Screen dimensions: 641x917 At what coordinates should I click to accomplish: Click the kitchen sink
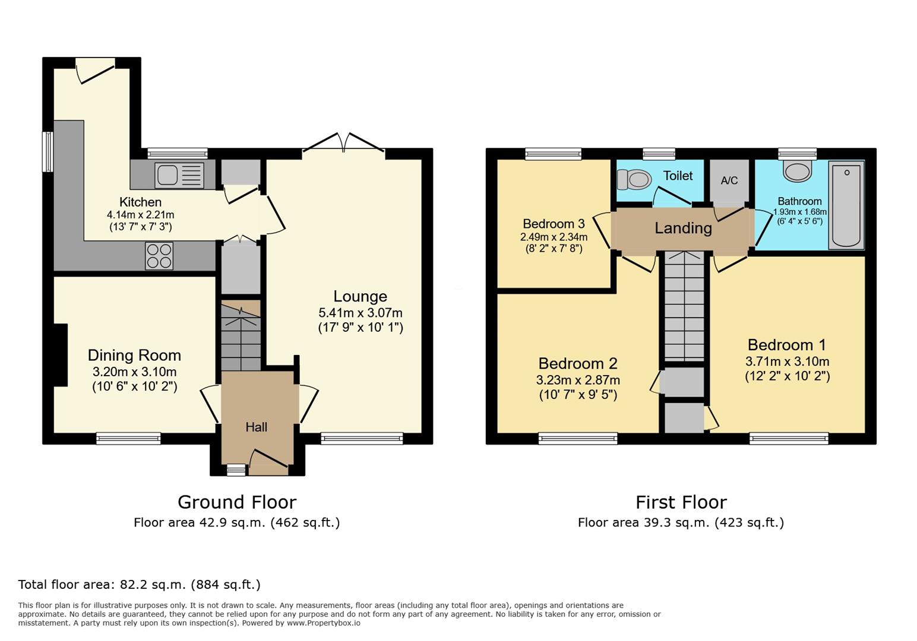pos(179,175)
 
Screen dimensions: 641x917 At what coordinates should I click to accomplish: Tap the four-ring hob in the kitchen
pos(159,256)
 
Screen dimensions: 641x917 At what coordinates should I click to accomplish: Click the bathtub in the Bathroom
pos(846,205)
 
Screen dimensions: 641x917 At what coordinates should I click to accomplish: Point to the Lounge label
pos(360,296)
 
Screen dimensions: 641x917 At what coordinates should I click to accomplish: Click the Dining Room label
pos(134,356)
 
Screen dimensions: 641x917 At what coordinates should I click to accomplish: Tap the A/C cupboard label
pos(729,180)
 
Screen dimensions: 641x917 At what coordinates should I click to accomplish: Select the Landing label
pos(683,228)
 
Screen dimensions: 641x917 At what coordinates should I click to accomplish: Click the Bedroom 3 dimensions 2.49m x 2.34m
pos(554,237)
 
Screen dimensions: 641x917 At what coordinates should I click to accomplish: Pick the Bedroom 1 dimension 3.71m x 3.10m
pos(787,361)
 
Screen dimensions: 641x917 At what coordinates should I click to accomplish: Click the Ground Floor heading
pos(236,502)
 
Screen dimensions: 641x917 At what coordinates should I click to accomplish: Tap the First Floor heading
pos(681,502)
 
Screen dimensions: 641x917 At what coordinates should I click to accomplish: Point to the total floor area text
pos(139,585)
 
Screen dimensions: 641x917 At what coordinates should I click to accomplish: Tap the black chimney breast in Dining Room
pos(60,355)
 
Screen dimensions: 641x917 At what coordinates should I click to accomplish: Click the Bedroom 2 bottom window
pos(577,439)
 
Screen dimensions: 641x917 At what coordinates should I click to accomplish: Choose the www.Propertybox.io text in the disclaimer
pos(323,623)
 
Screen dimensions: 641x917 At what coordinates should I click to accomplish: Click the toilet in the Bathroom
pos(796,171)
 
